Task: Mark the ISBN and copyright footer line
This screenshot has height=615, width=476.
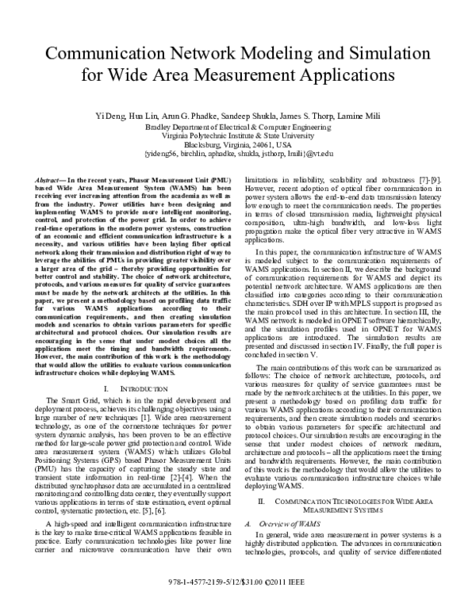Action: tap(236, 604)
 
